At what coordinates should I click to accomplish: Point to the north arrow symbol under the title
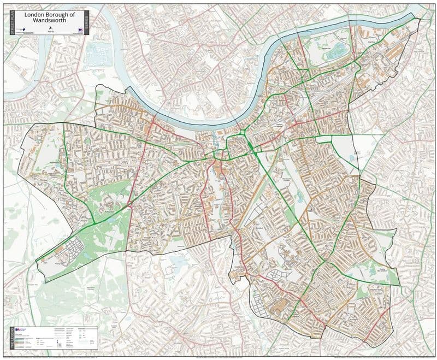[x=51, y=28]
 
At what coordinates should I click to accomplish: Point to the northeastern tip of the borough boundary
[x=420, y=18]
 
